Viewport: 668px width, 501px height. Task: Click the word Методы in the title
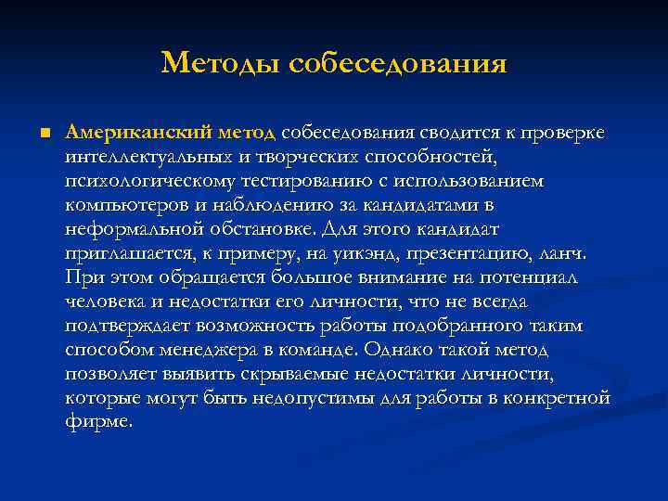point(220,64)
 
